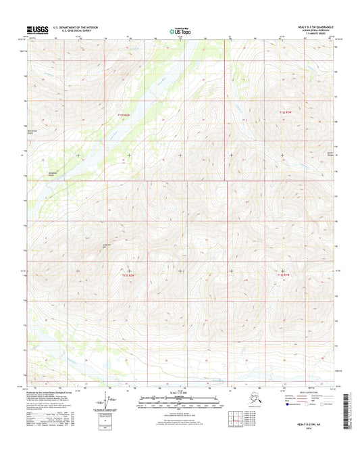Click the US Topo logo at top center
click(x=180, y=30)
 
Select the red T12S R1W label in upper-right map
click(x=286, y=112)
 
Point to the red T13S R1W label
click(x=286, y=274)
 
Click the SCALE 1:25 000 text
click(x=180, y=394)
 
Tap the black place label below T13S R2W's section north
click(x=105, y=245)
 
